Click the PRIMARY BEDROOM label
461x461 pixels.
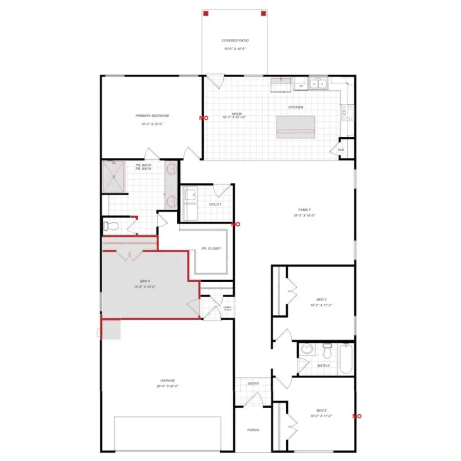(x=152, y=116)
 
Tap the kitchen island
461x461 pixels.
(x=296, y=127)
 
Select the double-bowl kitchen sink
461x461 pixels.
(x=319, y=84)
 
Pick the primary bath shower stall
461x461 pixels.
(x=114, y=177)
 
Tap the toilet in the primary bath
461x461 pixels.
(x=109, y=225)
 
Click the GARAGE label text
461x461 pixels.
(x=168, y=381)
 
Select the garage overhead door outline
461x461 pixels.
(x=167, y=433)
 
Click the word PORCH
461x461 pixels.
(x=253, y=430)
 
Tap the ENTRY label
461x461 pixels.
(x=253, y=384)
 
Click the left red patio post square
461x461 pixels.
(x=205, y=14)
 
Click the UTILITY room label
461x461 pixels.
(x=215, y=204)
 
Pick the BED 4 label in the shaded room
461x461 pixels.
(x=145, y=281)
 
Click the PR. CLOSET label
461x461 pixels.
(x=211, y=248)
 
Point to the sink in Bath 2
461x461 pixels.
(x=307, y=350)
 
